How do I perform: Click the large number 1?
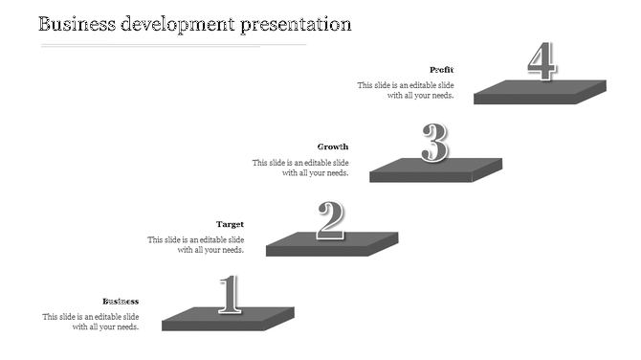pos(229,295)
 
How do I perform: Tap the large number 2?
pos(331,220)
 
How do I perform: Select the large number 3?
pos(435,144)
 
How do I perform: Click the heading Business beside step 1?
pos(121,302)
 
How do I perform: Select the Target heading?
pos(230,224)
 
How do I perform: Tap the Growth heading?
pos(333,146)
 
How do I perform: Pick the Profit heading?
pos(441,69)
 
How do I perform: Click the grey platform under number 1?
pos(229,320)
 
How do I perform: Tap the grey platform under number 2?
pos(331,244)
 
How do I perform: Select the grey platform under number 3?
pos(435,169)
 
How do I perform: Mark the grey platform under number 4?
pos(541,91)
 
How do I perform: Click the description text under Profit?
pos(406,90)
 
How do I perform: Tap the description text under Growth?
pos(300,168)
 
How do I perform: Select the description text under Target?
pos(195,245)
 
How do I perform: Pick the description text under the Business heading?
pos(91,322)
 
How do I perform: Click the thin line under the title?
pos(172,45)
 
